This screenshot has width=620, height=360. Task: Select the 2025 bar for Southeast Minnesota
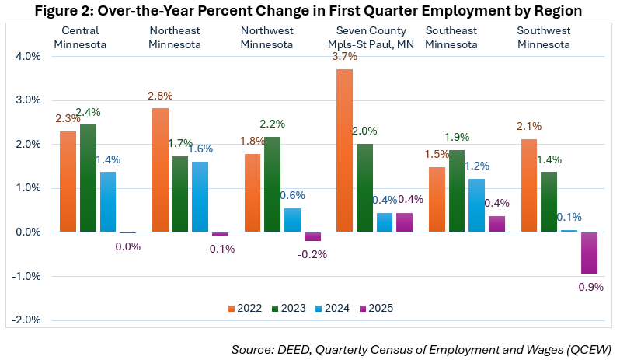point(496,224)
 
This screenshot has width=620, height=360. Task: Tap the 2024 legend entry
point(334,307)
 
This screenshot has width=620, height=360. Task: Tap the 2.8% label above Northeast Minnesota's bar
point(161,96)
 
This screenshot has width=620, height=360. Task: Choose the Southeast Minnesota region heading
point(451,37)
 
